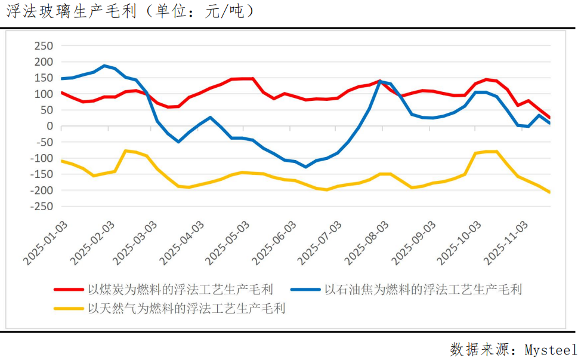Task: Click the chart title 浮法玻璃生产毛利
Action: (68, 11)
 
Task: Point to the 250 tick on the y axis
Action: (44, 46)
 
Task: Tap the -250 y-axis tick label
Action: (41, 207)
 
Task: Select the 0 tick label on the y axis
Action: (50, 126)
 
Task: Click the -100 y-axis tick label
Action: (41, 158)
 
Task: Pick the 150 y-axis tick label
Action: (44, 78)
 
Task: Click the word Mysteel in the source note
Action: (551, 349)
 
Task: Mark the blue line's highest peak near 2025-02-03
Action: (104, 66)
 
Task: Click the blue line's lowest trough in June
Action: (306, 167)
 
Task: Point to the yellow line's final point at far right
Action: (549, 192)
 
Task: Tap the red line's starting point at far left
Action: (62, 93)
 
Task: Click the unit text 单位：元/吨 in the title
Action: (199, 11)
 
